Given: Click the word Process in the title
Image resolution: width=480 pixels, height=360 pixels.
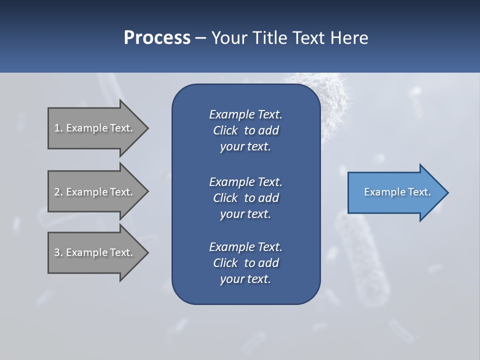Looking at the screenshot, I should point(157,38).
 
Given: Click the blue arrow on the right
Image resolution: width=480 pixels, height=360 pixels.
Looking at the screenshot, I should point(395,192).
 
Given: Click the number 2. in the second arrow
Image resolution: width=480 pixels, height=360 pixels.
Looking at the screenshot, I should point(58,192).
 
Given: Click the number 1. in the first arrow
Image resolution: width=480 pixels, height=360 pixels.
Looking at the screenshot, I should point(58,128).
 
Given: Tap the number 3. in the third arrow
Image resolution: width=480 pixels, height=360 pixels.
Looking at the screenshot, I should point(58,252).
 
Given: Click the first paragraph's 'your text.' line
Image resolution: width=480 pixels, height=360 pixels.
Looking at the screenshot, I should point(245,147).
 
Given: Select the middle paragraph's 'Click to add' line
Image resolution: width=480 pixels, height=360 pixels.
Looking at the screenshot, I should point(245,198).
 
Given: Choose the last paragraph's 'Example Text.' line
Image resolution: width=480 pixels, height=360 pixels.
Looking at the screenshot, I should point(245,247).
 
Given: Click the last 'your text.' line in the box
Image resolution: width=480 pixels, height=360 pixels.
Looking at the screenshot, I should point(245,279).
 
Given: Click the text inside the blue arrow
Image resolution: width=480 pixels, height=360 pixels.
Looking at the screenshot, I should point(397,192).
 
